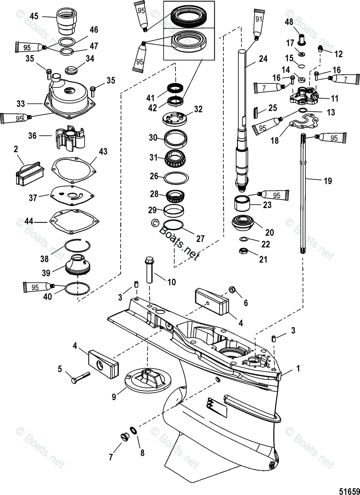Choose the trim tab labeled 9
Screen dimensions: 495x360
147,380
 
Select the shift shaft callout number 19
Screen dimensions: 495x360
327,181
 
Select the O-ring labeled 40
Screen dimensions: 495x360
77,289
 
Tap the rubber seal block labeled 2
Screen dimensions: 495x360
29,174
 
